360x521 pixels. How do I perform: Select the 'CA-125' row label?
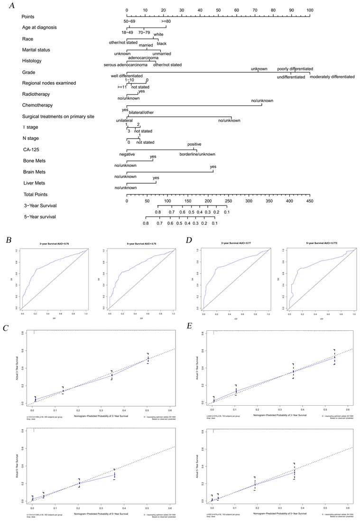pos(32,150)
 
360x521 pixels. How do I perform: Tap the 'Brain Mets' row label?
pos(37,172)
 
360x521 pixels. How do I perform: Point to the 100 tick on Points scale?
pos(310,10)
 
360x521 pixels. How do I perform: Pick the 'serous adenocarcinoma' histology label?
pos(125,65)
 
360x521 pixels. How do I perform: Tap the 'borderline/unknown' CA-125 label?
pos(197,154)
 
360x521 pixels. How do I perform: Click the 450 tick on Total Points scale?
pos(310,201)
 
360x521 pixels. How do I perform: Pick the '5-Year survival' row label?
pos(40,217)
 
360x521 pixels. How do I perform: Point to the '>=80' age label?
pos(166,21)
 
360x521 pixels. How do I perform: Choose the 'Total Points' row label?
pos(36,195)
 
